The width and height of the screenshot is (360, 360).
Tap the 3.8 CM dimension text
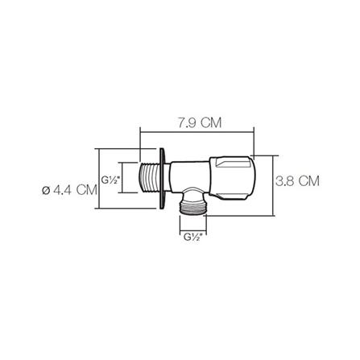296,181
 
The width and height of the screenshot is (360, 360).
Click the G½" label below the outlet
192,237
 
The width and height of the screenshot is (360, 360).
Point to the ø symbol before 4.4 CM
44,191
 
